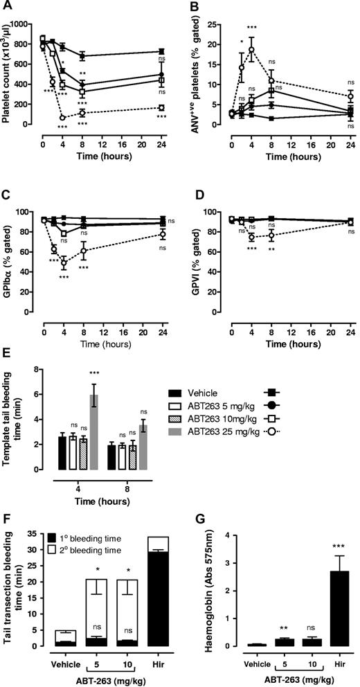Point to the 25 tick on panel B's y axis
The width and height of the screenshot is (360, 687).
(x=216, y=24)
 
